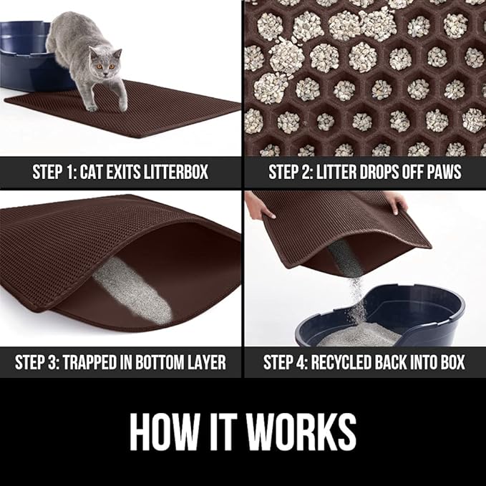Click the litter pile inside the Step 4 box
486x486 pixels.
(x=365, y=335)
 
